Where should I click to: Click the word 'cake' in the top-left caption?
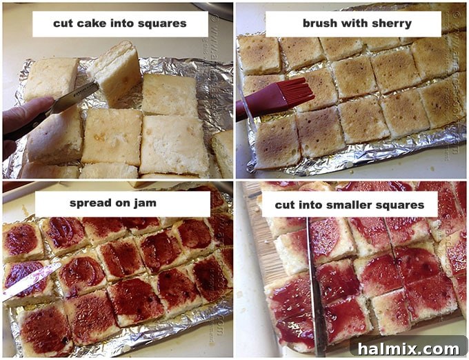point(88,23)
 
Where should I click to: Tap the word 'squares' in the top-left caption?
point(161,23)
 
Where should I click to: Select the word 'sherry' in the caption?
point(390,23)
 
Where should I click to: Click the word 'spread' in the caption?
point(91,203)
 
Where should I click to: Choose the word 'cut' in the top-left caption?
point(63,23)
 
